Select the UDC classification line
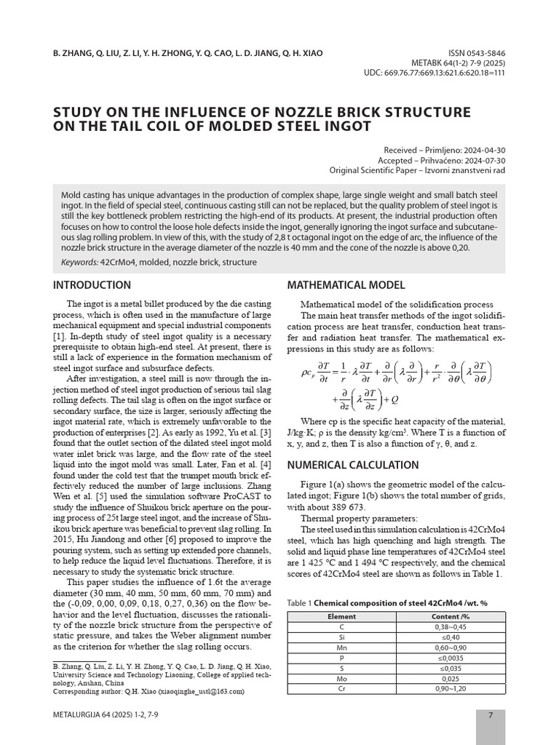point(434,74)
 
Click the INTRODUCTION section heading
point(92,284)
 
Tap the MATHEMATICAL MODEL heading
point(346,284)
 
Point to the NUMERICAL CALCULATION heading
point(353,465)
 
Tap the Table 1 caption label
point(299,603)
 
